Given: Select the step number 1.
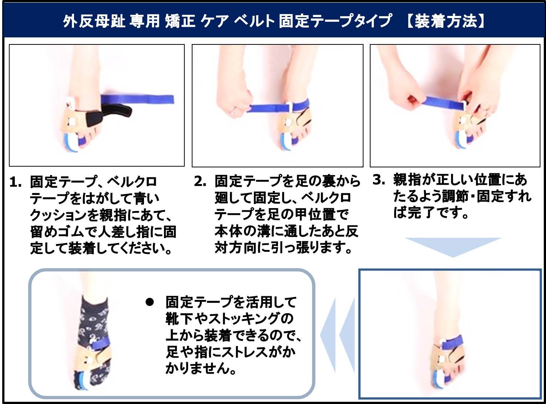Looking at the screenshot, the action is pos(15,182).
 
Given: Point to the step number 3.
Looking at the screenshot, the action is pos(379,180).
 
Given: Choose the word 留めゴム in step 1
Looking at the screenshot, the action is pos(56,232).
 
